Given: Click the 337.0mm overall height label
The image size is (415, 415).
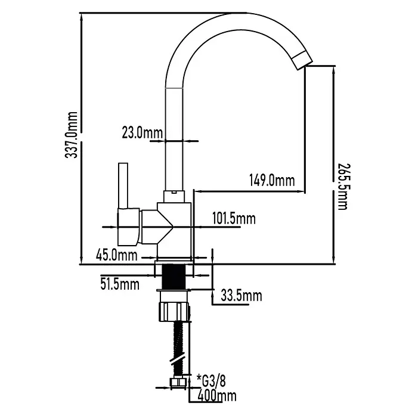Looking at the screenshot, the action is coord(71,135).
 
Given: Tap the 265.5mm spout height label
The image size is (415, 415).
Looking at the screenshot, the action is coord(344,187).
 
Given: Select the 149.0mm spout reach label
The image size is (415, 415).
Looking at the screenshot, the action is coord(272,181).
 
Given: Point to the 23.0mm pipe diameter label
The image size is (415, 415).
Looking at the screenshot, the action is coord(143,132).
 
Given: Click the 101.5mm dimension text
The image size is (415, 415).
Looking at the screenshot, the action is coord(234,219).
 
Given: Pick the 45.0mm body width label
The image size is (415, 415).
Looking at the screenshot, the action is coord(117,255).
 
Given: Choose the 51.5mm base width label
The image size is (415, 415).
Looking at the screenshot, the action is coord(120,284).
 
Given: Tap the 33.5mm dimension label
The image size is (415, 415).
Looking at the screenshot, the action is coord(241,296).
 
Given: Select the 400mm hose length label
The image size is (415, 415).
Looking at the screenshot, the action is coord(217,396).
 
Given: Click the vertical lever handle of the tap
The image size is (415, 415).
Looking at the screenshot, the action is coord(123,186).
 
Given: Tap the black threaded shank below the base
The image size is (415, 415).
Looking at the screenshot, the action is coord(174,277).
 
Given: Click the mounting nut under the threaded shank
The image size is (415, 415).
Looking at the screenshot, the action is coord(175,312).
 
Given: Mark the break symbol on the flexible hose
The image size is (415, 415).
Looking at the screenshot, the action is coord(178,360).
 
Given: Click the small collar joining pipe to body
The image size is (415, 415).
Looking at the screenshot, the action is coord(174,197).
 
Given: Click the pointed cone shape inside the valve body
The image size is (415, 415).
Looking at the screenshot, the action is coord(166,227).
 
